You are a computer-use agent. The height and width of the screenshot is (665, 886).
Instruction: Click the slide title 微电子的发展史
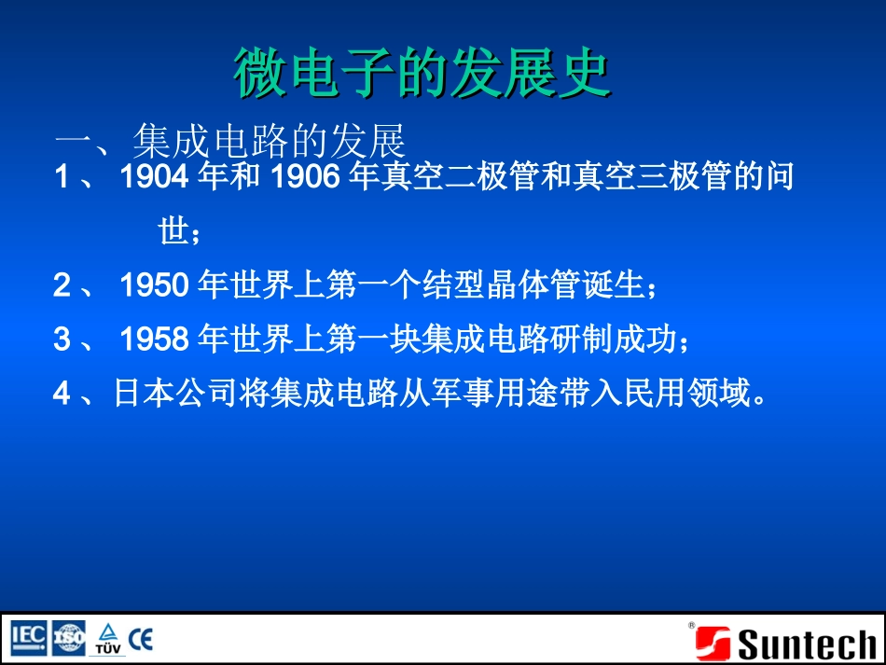click(422, 74)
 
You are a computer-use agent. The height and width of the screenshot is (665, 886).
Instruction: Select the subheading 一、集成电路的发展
click(230, 143)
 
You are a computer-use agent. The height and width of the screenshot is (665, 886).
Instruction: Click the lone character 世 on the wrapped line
click(174, 232)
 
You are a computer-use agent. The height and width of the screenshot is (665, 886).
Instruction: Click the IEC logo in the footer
click(29, 638)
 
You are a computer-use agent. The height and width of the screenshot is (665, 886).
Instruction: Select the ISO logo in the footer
click(69, 638)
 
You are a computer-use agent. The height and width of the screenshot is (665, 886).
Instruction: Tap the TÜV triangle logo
click(107, 638)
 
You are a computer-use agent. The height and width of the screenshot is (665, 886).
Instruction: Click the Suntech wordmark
click(807, 644)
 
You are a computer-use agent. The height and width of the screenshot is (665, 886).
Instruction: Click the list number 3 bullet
click(62, 340)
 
